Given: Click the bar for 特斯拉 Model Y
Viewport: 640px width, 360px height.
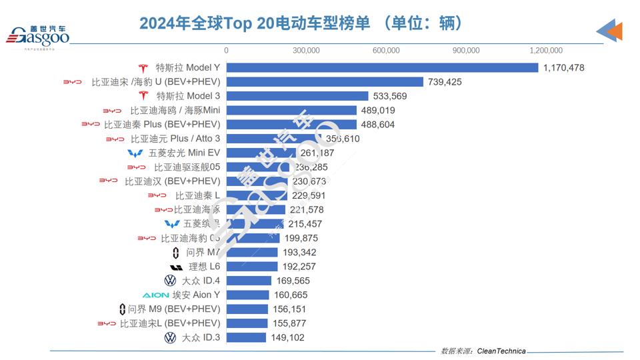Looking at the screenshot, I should pyautogui.click(x=382, y=68).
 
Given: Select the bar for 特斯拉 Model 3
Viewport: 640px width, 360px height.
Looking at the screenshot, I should pyautogui.click(x=297, y=96).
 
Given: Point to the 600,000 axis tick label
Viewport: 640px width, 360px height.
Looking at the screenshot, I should pyautogui.click(x=386, y=51).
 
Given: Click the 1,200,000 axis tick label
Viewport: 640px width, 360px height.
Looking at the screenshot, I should pyautogui.click(x=546, y=51).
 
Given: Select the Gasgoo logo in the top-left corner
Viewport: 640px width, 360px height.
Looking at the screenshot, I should pyautogui.click(x=38, y=37).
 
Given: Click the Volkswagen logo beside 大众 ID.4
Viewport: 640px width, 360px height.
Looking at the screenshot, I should pyautogui.click(x=170, y=281).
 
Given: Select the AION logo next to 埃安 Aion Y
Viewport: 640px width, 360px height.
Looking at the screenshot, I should pyautogui.click(x=155, y=295).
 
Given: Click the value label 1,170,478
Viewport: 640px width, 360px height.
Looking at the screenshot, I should pyautogui.click(x=563, y=68).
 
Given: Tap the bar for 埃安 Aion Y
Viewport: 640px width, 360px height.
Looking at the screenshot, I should pyautogui.click(x=247, y=295).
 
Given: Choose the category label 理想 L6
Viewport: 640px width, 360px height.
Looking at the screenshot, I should pyautogui.click(x=205, y=267).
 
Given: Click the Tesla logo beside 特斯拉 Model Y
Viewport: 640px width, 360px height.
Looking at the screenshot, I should pyautogui.click(x=143, y=68).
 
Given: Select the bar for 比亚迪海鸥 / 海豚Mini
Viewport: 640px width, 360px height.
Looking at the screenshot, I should pyautogui.click(x=291, y=110).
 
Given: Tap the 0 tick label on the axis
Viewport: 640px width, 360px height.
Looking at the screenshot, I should pyautogui.click(x=226, y=51).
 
